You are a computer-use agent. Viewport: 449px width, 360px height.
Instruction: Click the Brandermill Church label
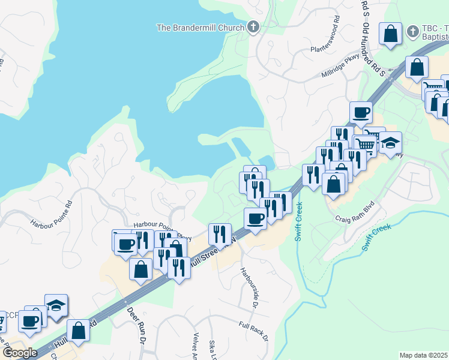pyautogui.click(x=200, y=27)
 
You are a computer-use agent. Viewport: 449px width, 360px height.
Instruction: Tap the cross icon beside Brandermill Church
pyautogui.click(x=253, y=27)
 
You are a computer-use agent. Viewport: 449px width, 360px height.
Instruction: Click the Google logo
pyautogui.click(x=20, y=353)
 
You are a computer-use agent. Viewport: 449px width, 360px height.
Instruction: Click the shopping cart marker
pyautogui.click(x=364, y=143)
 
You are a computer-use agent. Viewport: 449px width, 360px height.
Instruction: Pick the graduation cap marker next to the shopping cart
pyautogui.click(x=390, y=143)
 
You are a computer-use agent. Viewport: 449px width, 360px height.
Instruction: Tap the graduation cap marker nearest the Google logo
pyautogui.click(x=56, y=305)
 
